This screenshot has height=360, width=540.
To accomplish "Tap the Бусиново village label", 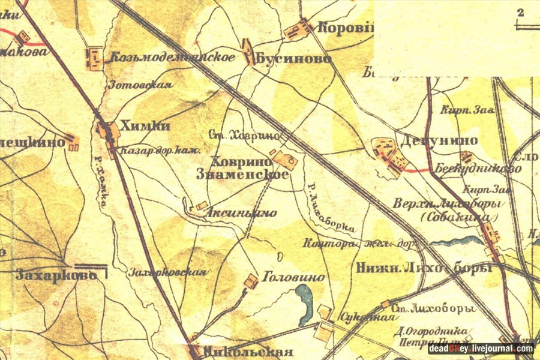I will click(x=293, y=59).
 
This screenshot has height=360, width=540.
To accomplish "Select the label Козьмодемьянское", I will click(x=172, y=58).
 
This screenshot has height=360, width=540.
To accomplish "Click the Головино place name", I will click(x=294, y=277).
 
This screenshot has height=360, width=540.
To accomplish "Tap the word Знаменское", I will click(x=242, y=175).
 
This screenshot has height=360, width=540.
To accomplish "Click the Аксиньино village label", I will click(x=242, y=212).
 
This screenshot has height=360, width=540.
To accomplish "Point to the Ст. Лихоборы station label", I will click(x=432, y=309).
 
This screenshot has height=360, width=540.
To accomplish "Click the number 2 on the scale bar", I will click(x=520, y=12).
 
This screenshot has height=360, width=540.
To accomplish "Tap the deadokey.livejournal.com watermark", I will click(x=481, y=349).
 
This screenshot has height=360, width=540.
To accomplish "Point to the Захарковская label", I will click(x=167, y=272).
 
